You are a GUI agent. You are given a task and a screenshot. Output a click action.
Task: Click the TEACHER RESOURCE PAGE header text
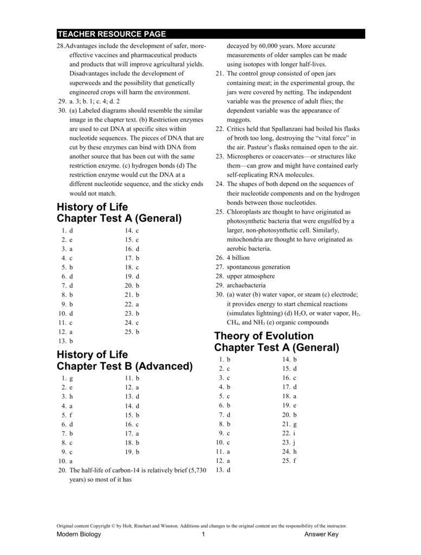pyautogui.click(x=112, y=34)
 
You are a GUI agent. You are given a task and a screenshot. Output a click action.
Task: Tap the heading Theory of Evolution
pyautogui.click(x=264, y=335)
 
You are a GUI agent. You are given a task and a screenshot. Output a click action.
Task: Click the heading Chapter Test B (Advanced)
pyautogui.click(x=125, y=366)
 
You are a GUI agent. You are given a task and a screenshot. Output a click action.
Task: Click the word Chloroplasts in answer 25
pyautogui.click(x=247, y=211)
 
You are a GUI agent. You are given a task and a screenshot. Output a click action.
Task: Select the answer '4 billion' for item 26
pyautogui.click(x=238, y=258)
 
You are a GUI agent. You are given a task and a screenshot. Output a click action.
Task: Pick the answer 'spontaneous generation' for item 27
pyautogui.click(x=258, y=267)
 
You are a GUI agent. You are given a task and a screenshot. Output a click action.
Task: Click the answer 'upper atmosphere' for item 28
pyautogui.click(x=251, y=276)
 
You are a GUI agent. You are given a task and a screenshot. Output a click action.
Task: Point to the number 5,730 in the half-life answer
pyautogui.click(x=196, y=470)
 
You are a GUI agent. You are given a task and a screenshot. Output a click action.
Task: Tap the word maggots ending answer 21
pyautogui.click(x=239, y=119)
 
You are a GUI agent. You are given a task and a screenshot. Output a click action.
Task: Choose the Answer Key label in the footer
pyautogui.click(x=321, y=535)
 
